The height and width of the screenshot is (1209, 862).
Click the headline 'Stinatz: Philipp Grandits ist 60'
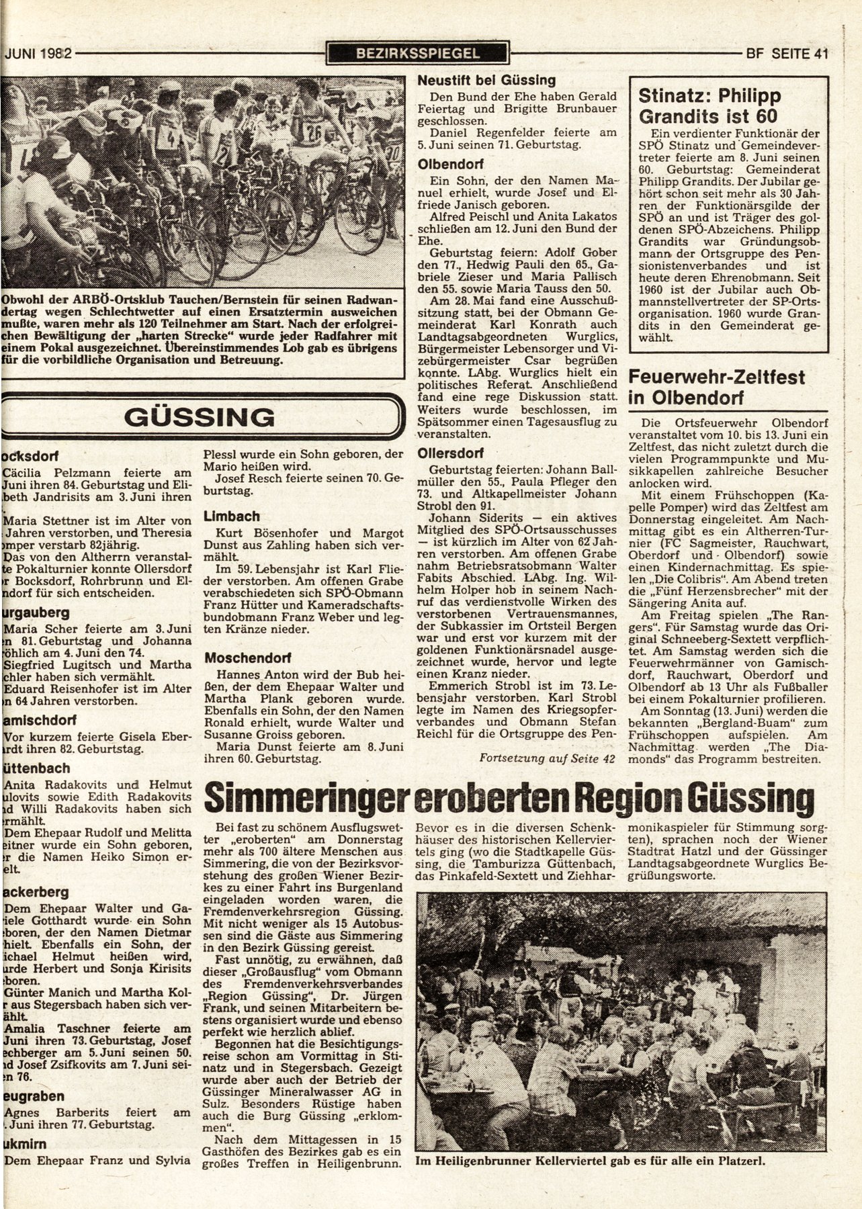(711, 106)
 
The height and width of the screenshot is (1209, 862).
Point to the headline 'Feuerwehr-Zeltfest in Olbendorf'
(716, 386)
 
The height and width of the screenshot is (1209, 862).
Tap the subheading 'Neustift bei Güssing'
(486, 80)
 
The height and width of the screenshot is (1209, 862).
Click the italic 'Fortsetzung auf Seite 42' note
(548, 758)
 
